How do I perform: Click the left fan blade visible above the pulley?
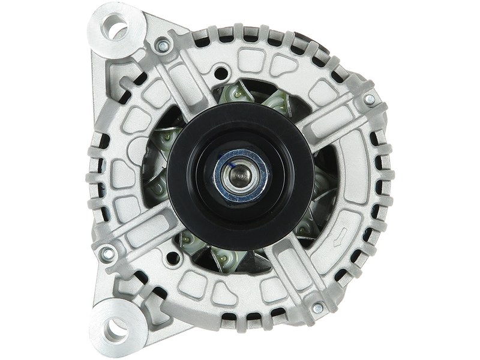pos(231,96)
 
